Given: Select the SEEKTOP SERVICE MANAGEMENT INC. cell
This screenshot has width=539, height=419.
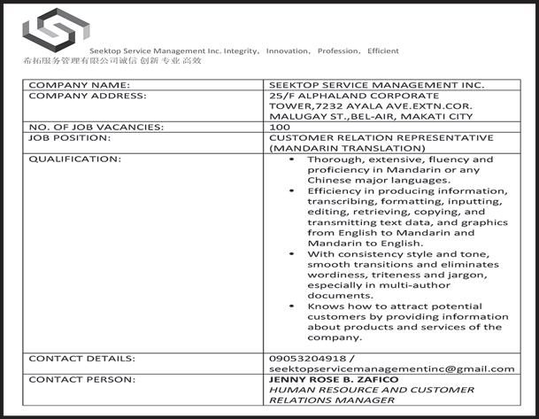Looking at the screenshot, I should pos(376,85).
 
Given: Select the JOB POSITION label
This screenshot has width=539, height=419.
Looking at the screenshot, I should pos(70,138).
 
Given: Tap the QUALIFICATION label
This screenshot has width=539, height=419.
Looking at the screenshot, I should pos(75,159).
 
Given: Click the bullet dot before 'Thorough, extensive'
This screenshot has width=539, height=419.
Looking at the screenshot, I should pos(293,159).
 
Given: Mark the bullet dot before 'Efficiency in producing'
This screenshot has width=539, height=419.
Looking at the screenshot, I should pos(293,191).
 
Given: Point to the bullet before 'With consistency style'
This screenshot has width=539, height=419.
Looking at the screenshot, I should pos(293,254).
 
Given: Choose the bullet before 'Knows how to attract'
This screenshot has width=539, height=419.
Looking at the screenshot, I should pos(293,306).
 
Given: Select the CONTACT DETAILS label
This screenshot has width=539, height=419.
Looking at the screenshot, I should pos(82,359).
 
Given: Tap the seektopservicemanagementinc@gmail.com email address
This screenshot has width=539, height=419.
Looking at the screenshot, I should pos(391,369).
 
